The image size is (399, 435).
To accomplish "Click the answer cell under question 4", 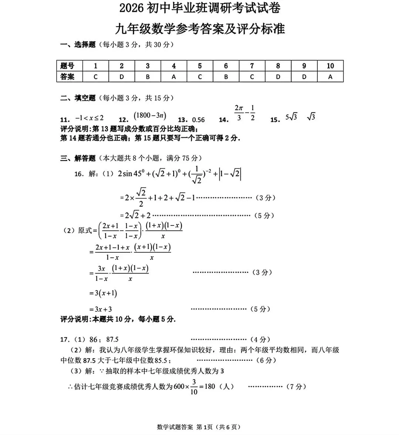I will pyautogui.click(x=174, y=77).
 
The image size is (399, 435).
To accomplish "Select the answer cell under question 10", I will pyautogui.click(x=330, y=77).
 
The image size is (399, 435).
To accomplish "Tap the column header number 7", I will pyautogui.click(x=252, y=66).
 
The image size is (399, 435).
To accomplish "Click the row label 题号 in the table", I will pyautogui.click(x=68, y=66).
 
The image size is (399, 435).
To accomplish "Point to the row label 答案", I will pyautogui.click(x=68, y=77).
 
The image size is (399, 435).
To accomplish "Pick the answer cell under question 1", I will pyautogui.click(x=95, y=77).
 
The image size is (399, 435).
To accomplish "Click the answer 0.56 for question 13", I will pyautogui.click(x=198, y=120).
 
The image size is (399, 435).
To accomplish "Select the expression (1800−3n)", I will pyautogui.click(x=150, y=116).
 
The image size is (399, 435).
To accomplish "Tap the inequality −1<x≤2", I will pyautogui.click(x=89, y=118).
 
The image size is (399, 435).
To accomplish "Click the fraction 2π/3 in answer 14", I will pyautogui.click(x=239, y=113).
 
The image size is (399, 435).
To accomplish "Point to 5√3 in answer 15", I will pyautogui.click(x=291, y=117).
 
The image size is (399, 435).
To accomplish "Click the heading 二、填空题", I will pyautogui.click(x=78, y=98).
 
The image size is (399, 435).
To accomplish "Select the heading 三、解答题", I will pyautogui.click(x=78, y=158).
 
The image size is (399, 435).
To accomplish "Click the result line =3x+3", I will pyautogui.click(x=100, y=309).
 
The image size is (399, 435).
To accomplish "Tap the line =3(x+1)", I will pyautogui.click(x=103, y=293).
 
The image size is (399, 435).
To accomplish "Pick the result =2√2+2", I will pyautogui.click(x=135, y=215).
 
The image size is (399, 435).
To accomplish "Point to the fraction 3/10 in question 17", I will pyautogui.click(x=194, y=387).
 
